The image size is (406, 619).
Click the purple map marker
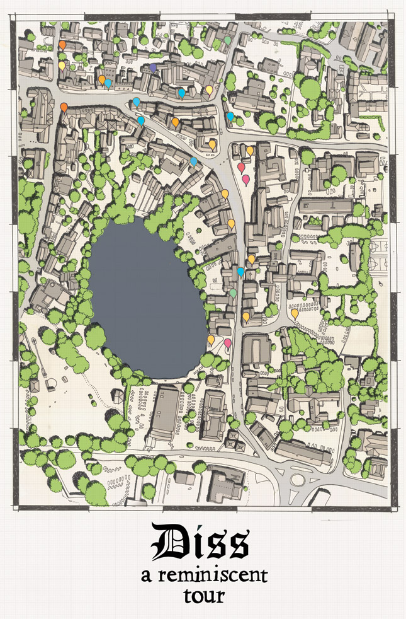tap(154, 67)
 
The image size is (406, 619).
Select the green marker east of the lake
tap(233, 292)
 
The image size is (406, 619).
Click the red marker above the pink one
tap(240, 166)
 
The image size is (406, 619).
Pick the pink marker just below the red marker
tap(245, 179)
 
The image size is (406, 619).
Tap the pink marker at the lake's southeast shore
tap(227, 342)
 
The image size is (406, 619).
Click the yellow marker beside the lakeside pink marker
tap(211, 339)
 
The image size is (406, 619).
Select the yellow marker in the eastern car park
tap(295, 312)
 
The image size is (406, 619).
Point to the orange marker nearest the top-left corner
tap(62, 45)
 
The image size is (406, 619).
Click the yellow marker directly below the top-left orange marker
tap(61, 64)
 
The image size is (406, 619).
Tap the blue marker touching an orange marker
tap(108, 82)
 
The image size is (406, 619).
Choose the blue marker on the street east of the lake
tap(240, 272)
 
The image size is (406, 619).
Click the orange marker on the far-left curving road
tap(64, 107)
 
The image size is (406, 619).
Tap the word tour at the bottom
tap(203, 596)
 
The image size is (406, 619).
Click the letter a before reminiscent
tap(146, 576)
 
